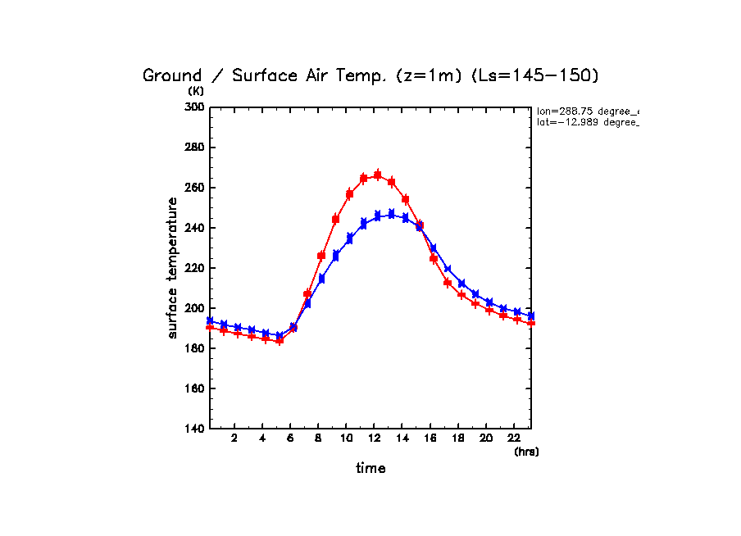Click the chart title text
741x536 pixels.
[370, 76]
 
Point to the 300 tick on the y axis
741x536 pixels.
[197, 107]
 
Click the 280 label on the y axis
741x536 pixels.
[197, 148]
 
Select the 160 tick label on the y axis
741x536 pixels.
[197, 388]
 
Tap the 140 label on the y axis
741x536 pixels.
[197, 429]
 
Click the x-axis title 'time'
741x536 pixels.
[370, 469]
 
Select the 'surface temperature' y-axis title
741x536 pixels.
[173, 268]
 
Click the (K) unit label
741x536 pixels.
[196, 91]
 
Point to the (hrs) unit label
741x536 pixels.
[526, 452]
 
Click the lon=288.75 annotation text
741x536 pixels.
[587, 111]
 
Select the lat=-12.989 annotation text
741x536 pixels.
[587, 122]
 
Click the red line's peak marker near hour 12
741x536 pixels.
[378, 175]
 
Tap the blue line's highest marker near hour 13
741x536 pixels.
[391, 214]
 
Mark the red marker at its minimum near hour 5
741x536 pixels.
[280, 341]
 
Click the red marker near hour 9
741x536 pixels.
[335, 220]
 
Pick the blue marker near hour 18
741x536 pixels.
[461, 284]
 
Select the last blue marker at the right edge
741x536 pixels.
[531, 316]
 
